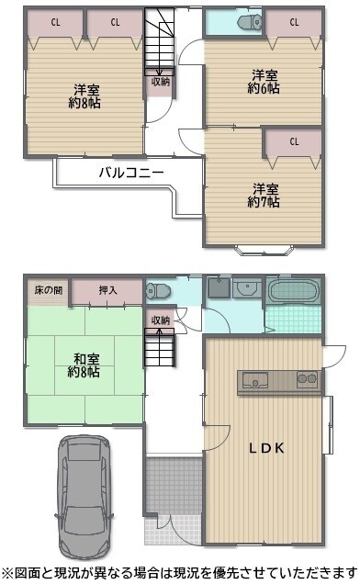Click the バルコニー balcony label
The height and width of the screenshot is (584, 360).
131,173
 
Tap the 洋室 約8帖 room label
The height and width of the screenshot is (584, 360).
84,96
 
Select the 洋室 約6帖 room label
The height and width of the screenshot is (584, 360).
264,82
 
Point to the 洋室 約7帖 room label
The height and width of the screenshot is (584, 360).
264,196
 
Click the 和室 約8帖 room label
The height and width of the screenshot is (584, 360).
84,365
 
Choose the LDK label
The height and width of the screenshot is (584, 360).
267,448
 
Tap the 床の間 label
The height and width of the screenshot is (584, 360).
49,290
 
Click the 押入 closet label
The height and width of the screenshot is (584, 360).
108,290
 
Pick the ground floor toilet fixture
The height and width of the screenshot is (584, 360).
158,290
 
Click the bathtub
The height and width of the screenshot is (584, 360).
294,290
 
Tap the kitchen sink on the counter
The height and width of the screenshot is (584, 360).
255,380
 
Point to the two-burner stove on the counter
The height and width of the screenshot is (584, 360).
307,379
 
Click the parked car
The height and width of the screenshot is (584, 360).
85,498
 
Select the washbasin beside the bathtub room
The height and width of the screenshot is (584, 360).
247,288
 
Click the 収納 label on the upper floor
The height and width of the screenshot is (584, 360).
161,82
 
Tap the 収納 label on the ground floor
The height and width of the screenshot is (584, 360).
161,320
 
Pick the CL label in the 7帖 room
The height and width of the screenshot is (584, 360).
294,141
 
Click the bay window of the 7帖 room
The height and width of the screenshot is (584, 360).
263,250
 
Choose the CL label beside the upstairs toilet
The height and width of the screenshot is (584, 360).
294,22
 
